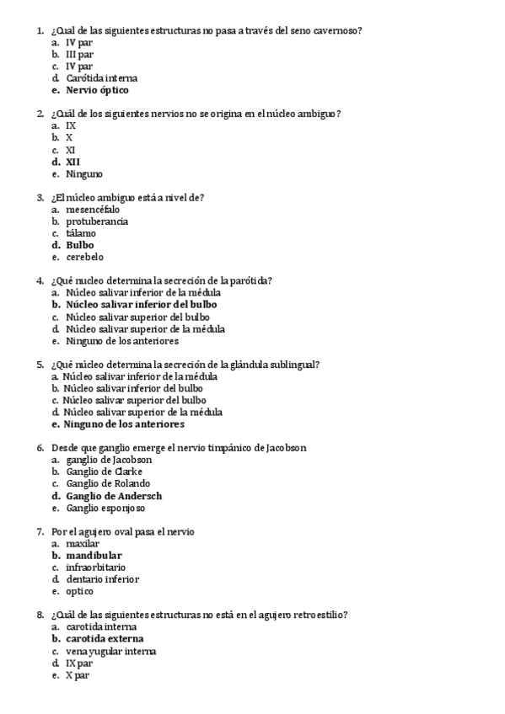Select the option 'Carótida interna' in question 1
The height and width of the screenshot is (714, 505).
click(101, 78)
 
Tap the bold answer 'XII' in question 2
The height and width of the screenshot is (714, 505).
click(73, 162)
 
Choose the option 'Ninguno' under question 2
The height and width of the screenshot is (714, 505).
click(84, 174)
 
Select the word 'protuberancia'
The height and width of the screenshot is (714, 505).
click(97, 221)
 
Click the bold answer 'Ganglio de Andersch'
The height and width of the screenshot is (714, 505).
click(114, 496)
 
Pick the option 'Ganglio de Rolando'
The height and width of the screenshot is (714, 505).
click(108, 484)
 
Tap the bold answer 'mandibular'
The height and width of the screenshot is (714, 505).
click(94, 556)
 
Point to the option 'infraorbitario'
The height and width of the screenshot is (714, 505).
click(98, 567)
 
